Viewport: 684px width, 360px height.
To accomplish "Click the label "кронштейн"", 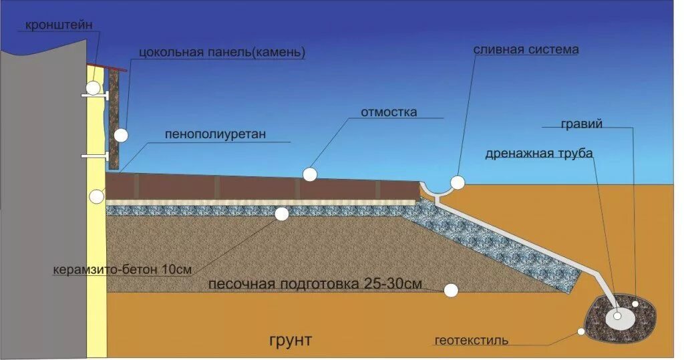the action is [59, 25].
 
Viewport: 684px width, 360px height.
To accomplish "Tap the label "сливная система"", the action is [526, 50].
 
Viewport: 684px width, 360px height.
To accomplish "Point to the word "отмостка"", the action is [389, 112].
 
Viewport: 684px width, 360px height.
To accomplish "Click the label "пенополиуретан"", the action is [216, 134].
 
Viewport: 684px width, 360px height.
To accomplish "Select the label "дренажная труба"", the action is [539, 154].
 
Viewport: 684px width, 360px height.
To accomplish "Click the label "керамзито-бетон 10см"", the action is [123, 270].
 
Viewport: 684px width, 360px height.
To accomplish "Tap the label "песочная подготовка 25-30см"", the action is [315, 284].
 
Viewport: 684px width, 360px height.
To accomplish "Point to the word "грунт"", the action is [291, 340].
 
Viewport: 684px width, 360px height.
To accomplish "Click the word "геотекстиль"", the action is [471, 341].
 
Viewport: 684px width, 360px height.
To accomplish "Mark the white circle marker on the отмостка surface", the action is [309, 174].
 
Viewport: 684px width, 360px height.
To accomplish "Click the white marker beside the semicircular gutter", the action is [458, 182].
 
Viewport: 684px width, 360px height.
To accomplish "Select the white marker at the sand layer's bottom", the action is [452, 290].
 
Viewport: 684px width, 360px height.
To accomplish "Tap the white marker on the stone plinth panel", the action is [120, 136].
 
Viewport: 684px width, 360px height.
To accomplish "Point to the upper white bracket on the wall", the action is [95, 96].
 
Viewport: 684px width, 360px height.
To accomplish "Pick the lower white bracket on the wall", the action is [95, 156].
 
